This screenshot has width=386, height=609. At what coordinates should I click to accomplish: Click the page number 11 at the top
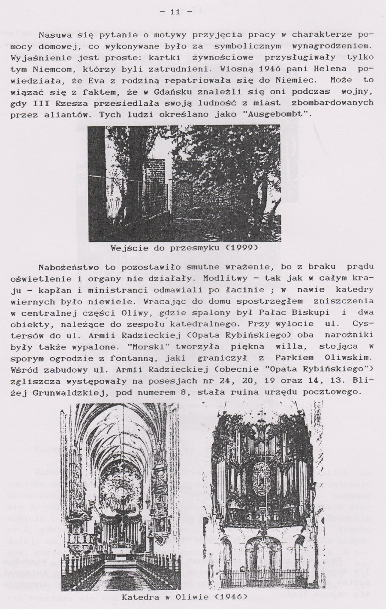[x=175, y=12]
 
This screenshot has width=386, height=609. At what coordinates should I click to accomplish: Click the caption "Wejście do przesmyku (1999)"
[x=184, y=248]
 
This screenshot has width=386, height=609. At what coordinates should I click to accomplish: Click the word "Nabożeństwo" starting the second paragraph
[x=66, y=268]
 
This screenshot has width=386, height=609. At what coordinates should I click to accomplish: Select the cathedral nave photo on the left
[x=121, y=497]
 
